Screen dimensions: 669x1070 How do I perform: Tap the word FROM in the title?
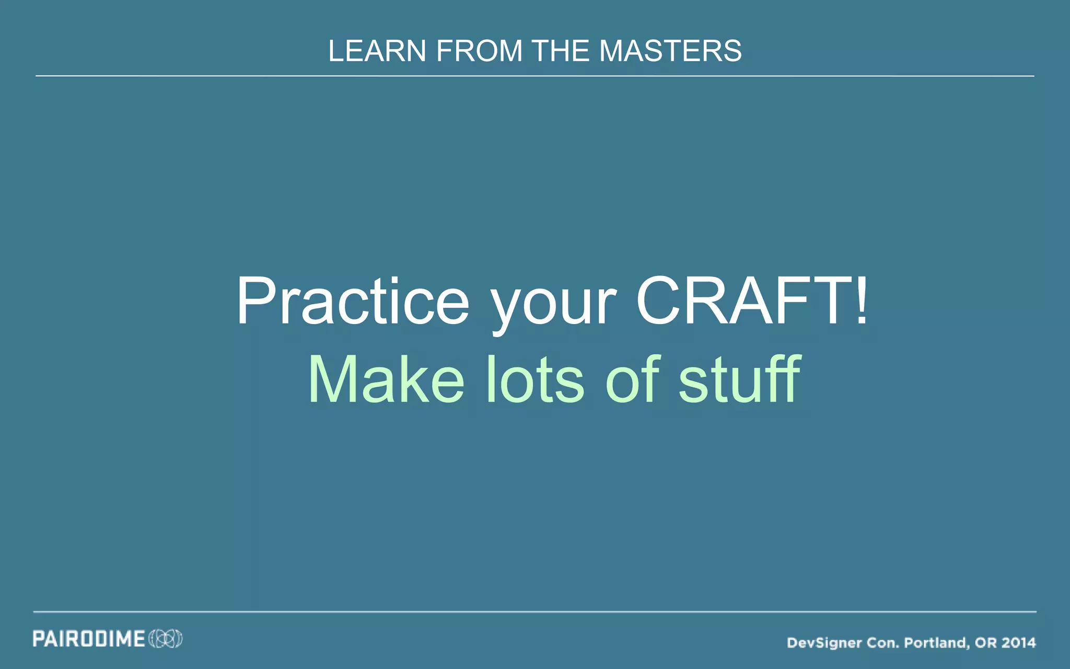point(479,51)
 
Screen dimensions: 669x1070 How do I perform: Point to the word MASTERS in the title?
point(670,51)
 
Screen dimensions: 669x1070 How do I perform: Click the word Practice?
point(353,302)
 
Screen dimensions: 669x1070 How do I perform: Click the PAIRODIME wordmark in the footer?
point(89,639)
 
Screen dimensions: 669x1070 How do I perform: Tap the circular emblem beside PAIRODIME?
point(166,639)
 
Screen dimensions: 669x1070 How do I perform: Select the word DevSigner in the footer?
point(824,643)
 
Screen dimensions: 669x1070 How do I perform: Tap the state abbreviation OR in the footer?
point(986,643)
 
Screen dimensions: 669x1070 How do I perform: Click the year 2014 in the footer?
point(1019,643)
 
